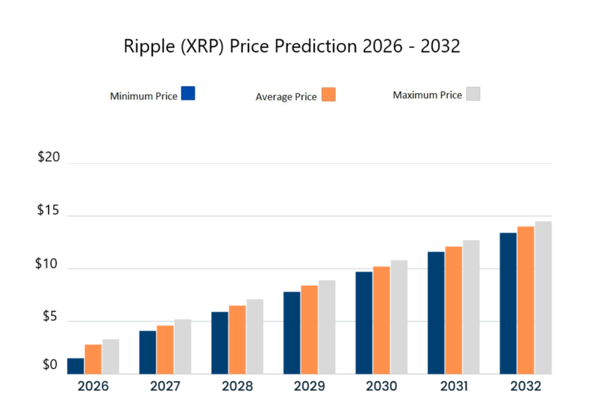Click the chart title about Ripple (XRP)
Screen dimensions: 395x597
[x=292, y=46]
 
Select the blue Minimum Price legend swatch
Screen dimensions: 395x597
[x=188, y=93]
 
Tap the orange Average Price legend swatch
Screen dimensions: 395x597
[x=328, y=95]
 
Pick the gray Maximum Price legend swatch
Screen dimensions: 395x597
[x=473, y=94]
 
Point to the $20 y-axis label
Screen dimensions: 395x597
[x=49, y=159]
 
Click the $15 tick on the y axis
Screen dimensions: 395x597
[x=49, y=211]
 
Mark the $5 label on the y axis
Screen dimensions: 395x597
[x=48, y=317]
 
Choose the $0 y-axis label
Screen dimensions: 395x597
[x=48, y=366]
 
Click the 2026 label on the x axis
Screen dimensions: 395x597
[x=93, y=386]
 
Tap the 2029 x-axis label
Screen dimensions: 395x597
[x=309, y=386]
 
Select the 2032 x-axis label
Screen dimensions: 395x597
[x=525, y=386]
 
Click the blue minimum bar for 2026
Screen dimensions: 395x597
[x=76, y=366]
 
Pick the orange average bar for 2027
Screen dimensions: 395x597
[x=165, y=349]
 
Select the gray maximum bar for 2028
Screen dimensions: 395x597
[x=255, y=337]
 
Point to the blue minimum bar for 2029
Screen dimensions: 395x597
[x=292, y=333]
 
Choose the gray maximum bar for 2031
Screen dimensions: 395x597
[x=471, y=307]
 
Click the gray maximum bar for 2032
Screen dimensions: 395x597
[x=543, y=298]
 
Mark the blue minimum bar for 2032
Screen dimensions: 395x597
[x=508, y=303]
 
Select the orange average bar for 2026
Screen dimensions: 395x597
[x=93, y=359]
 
